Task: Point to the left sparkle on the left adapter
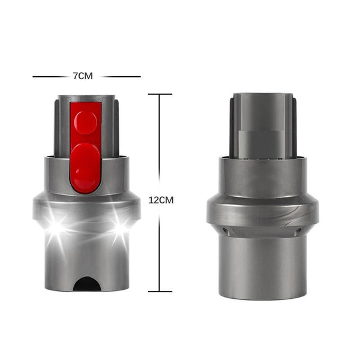point(58,227)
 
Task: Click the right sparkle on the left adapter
point(120,227)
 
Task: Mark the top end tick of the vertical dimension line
point(160,94)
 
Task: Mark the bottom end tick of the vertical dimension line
point(160,292)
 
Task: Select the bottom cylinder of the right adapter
point(263,264)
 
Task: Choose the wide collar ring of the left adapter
point(86,207)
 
